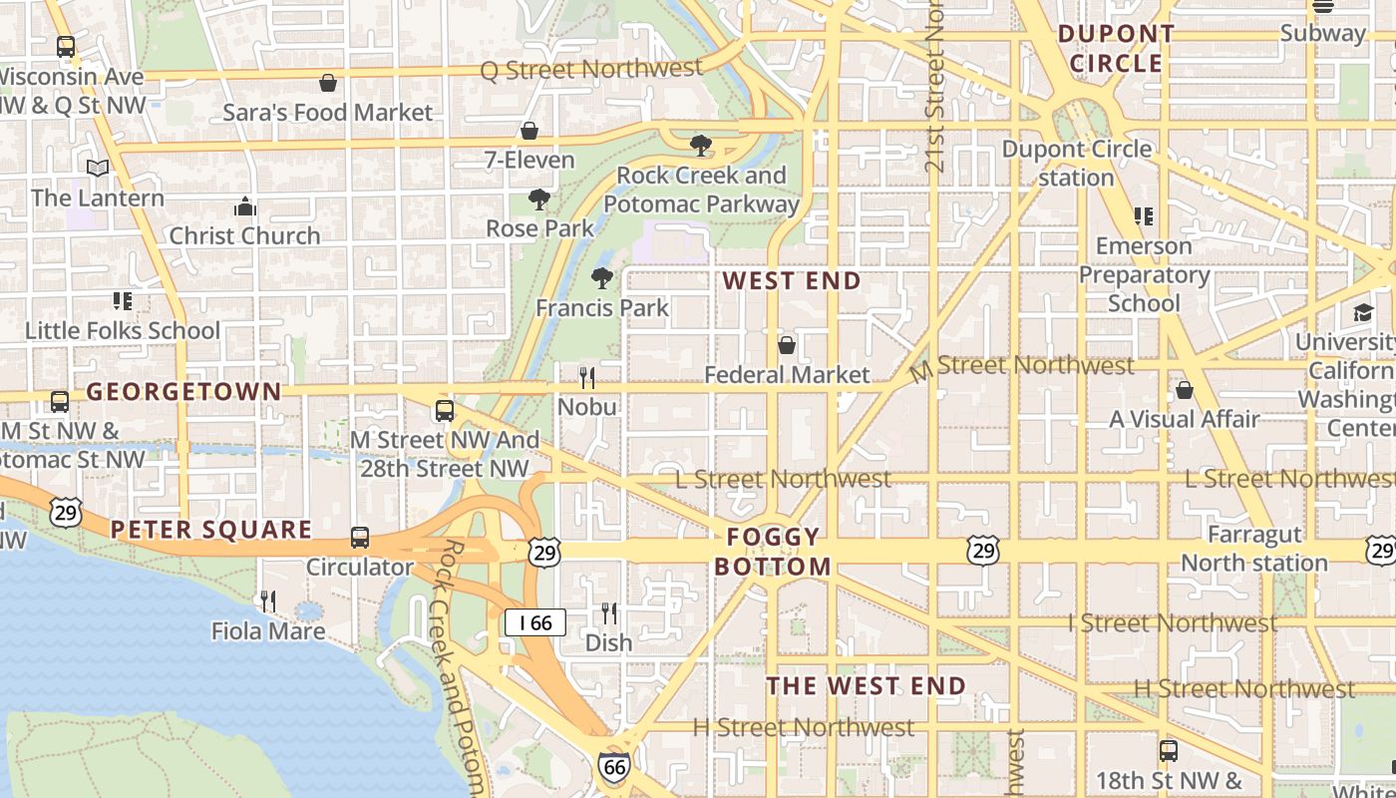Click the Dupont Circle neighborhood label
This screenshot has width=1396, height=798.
tap(1116, 49)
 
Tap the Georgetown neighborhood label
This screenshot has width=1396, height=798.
tap(183, 392)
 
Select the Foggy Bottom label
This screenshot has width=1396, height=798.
tap(773, 552)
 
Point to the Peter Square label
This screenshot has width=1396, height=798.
tap(211, 530)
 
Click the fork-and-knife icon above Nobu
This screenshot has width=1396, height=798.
tap(587, 377)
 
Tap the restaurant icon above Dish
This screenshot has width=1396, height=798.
tap(608, 612)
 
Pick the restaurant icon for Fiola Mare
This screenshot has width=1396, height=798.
tap(268, 600)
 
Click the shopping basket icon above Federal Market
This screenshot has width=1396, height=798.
tap(787, 345)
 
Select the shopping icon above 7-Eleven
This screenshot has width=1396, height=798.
tap(529, 131)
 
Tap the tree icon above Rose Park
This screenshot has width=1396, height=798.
tap(539, 199)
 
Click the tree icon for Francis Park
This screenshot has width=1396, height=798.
tap(602, 278)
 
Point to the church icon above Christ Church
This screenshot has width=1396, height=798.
tap(244, 206)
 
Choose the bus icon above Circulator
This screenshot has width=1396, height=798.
tap(360, 538)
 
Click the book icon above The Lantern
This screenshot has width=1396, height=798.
tap(98, 168)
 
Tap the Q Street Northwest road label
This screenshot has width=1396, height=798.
tap(591, 69)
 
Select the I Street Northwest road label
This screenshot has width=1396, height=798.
tap(1172, 623)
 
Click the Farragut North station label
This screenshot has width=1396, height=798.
tap(1254, 549)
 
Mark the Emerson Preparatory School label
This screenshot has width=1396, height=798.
tap(1144, 274)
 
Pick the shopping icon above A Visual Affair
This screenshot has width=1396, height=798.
tap(1185, 390)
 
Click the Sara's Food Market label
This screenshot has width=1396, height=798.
tap(328, 113)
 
